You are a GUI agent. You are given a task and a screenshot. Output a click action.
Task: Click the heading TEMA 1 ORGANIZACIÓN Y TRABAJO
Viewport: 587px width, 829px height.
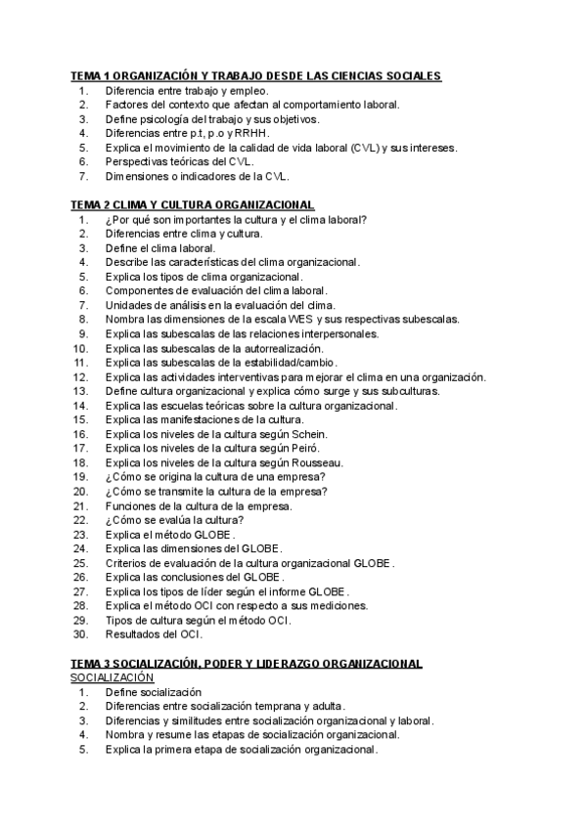click(255, 75)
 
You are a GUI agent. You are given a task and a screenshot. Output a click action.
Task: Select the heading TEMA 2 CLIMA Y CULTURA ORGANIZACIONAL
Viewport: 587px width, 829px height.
click(192, 204)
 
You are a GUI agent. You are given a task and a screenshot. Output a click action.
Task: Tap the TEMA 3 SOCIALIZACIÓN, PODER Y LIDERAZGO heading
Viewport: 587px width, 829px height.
click(246, 664)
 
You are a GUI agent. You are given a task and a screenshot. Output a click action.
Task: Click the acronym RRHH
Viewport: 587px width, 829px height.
click(252, 133)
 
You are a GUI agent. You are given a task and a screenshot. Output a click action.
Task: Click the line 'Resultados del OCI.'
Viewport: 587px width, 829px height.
click(154, 634)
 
